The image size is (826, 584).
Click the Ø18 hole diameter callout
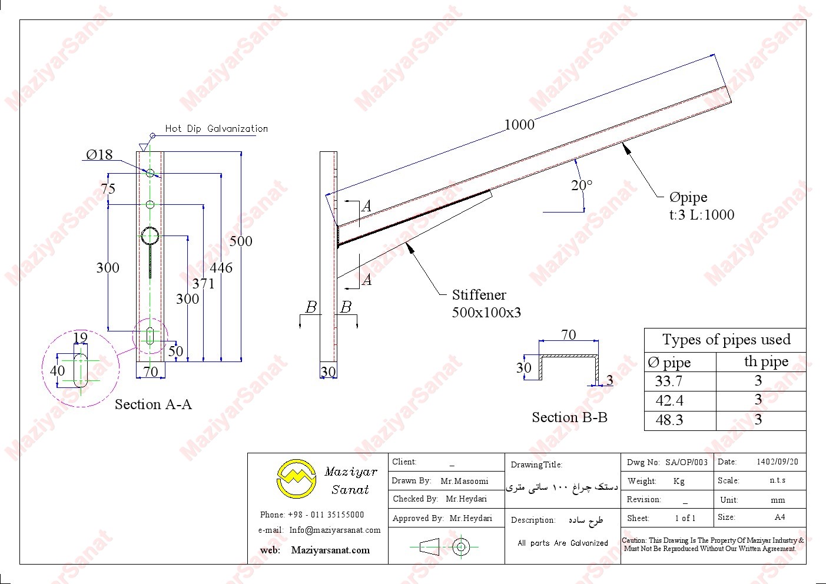(99, 155)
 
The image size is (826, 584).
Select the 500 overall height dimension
(241, 241)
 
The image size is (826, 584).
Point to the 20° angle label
(582, 185)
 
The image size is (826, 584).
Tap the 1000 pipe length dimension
(519, 125)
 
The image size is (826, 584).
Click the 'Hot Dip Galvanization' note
(216, 128)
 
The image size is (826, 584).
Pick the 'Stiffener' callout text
(479, 295)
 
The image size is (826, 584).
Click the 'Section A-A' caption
(153, 404)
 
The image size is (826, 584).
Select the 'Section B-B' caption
(569, 417)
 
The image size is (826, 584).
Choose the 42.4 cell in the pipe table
(669, 401)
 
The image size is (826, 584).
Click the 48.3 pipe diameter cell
(669, 420)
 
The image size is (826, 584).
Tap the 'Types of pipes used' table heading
(726, 340)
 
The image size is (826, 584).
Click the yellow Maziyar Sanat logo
(297, 479)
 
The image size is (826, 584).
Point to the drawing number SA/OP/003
(686, 462)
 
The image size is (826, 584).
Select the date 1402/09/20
(777, 462)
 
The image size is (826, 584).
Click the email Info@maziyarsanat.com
(334, 530)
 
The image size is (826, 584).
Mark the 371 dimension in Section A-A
(203, 284)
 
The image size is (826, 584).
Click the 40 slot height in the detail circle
(57, 371)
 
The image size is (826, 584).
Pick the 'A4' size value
(779, 517)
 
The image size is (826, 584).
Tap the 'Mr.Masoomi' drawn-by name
(465, 481)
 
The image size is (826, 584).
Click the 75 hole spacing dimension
(108, 189)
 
